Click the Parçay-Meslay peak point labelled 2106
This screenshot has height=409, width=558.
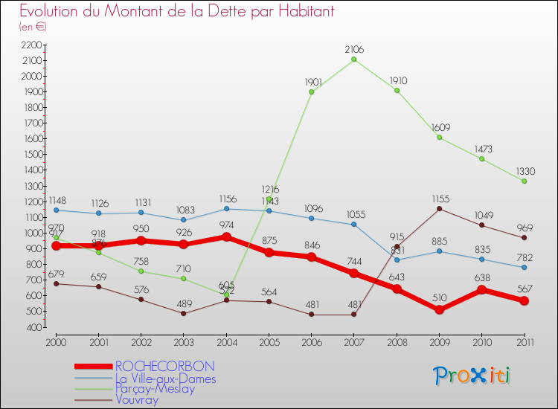pyautogui.click(x=354, y=59)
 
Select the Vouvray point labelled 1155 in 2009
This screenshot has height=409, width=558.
pyautogui.click(x=439, y=208)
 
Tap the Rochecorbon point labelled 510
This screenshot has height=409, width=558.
pyautogui.click(x=439, y=309)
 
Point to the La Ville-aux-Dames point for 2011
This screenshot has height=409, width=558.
pyautogui.click(x=525, y=268)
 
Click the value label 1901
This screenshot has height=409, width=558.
pyautogui.click(x=311, y=82)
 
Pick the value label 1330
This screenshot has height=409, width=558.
pyautogui.click(x=525, y=171)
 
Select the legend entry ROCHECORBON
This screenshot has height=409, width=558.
pyautogui.click(x=164, y=366)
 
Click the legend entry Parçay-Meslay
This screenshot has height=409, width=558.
pyautogui.click(x=155, y=388)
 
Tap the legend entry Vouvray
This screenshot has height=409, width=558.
pyautogui.click(x=138, y=399)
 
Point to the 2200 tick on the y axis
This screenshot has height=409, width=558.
pyautogui.click(x=32, y=45)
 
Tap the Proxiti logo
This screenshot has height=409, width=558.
pyautogui.click(x=473, y=376)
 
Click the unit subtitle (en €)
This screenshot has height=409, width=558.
pyautogui.click(x=33, y=27)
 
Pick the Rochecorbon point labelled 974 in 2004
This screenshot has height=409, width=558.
pyautogui.click(x=226, y=237)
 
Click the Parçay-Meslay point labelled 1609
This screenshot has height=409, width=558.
pyautogui.click(x=439, y=138)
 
